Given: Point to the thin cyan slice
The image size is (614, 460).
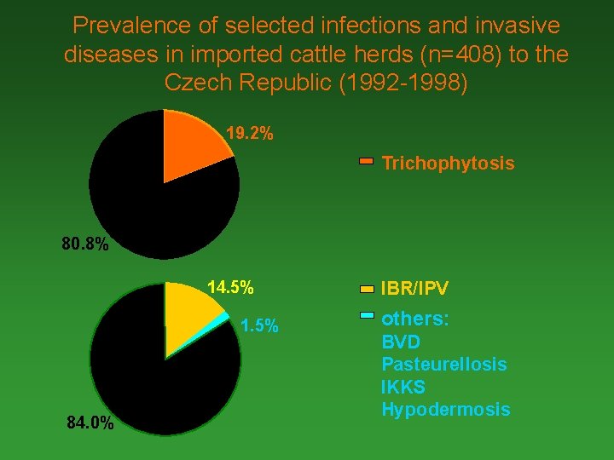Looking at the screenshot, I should click(226, 319).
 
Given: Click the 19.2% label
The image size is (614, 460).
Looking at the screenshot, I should click(250, 134).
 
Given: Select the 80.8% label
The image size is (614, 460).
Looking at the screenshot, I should click(85, 245).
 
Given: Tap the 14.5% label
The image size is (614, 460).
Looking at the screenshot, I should click(231, 287).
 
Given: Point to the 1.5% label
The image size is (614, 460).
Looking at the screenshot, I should click(259, 326).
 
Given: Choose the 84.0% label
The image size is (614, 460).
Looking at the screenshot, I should click(90, 423).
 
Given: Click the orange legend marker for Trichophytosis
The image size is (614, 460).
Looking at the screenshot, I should click(366, 160).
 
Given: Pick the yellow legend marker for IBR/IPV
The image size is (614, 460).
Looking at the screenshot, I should click(366, 289).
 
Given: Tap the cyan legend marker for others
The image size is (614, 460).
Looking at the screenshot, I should click(366, 315).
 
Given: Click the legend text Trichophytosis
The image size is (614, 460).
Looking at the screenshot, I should click(448, 163).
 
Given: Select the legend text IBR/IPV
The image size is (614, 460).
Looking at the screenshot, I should click(414, 290).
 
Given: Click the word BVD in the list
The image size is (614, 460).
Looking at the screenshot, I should click(401, 342).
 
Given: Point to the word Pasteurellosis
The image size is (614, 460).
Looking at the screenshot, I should click(443, 365).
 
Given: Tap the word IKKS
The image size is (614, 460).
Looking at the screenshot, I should click(403, 388).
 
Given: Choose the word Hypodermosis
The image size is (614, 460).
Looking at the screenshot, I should click(445, 410).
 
